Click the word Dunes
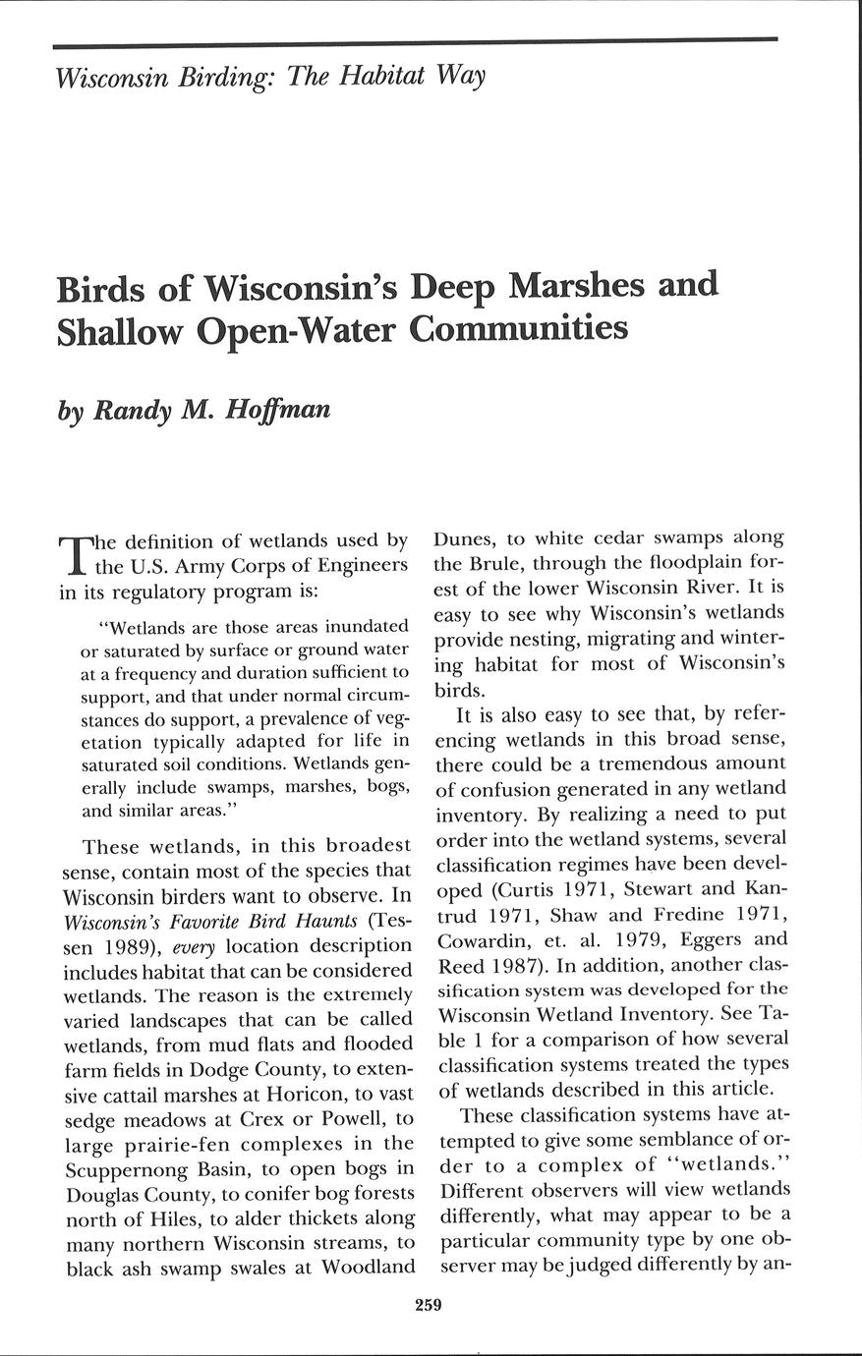pyautogui.click(x=468, y=538)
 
